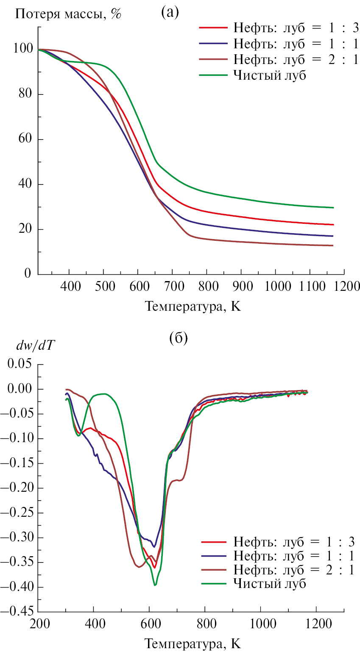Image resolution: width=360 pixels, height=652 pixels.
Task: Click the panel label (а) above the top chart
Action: pyautogui.click(x=170, y=13)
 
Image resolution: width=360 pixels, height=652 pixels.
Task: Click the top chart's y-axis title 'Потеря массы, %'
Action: pyautogui.click(x=68, y=14)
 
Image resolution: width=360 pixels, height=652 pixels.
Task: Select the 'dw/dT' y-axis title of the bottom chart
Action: pyautogui.click(x=37, y=346)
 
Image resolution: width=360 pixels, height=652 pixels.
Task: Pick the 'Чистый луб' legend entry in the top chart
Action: pyautogui.click(x=269, y=76)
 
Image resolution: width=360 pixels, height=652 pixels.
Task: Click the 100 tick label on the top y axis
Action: pyautogui.click(x=24, y=49)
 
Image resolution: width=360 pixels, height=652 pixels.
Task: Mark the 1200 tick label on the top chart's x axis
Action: pyautogui.click(x=343, y=287)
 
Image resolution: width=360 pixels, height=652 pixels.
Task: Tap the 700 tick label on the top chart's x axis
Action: pyautogui.click(x=172, y=287)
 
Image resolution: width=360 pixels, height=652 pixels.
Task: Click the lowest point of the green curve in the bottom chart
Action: pyautogui.click(x=155, y=585)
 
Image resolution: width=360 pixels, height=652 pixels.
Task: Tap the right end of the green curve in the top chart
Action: pyautogui.click(x=334, y=208)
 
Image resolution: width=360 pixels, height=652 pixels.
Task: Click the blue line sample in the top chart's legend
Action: pyautogui.click(x=213, y=42)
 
